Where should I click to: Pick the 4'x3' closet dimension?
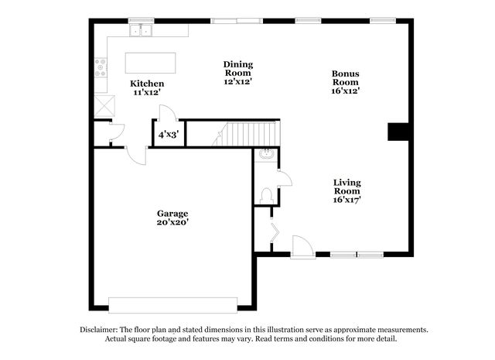pos(169,135)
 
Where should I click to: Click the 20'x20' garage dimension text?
pos(172,222)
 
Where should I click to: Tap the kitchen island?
pos(150,63)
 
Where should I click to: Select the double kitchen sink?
pos(141,30)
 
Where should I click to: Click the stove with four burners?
pos(101,67)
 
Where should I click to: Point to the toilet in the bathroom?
pos(266,196)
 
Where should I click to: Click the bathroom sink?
pos(266,155)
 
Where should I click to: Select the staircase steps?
pos(246,134)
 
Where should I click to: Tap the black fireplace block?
pos(398,132)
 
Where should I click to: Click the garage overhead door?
pos(173,305)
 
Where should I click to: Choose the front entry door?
pos(302,247)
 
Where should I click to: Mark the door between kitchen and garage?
pos(136,155)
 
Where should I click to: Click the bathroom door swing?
pos(285,178)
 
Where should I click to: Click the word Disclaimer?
pos(99,330)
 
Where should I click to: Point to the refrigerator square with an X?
pos(105,106)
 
